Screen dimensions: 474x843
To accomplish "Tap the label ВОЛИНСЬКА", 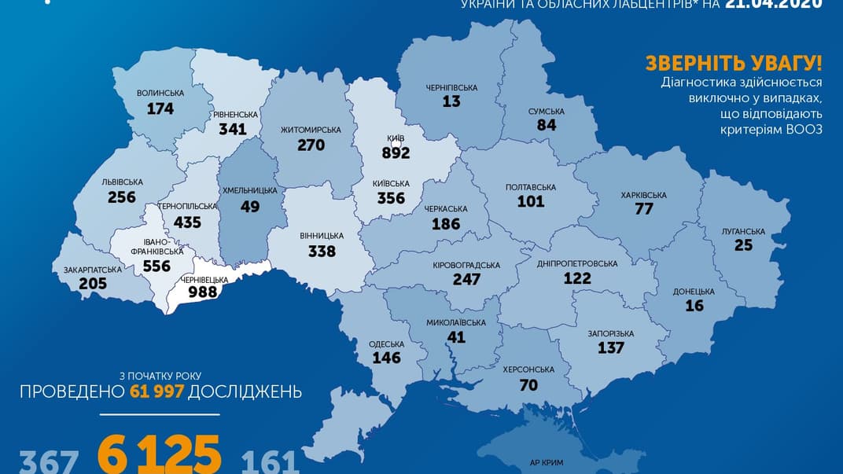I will point(160,93).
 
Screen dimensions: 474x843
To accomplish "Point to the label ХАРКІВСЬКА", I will point(643,195).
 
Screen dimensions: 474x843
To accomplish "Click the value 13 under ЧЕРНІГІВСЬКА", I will point(451,101).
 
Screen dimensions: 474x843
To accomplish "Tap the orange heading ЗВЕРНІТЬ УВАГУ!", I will point(734,64).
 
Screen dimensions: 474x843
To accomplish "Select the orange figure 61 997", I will point(155,391).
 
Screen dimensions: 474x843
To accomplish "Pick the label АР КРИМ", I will point(547,465).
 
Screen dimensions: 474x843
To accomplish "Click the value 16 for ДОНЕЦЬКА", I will point(694,305).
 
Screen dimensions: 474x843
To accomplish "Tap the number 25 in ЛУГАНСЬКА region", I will point(742,245).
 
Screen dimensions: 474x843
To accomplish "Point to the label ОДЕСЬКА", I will point(386,344).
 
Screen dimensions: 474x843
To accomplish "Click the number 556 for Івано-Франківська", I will point(156,266).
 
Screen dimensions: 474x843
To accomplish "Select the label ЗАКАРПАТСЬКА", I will point(93,270).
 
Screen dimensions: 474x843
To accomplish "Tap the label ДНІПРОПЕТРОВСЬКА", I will point(577,263).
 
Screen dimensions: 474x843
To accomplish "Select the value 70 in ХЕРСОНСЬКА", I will point(528,384).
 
